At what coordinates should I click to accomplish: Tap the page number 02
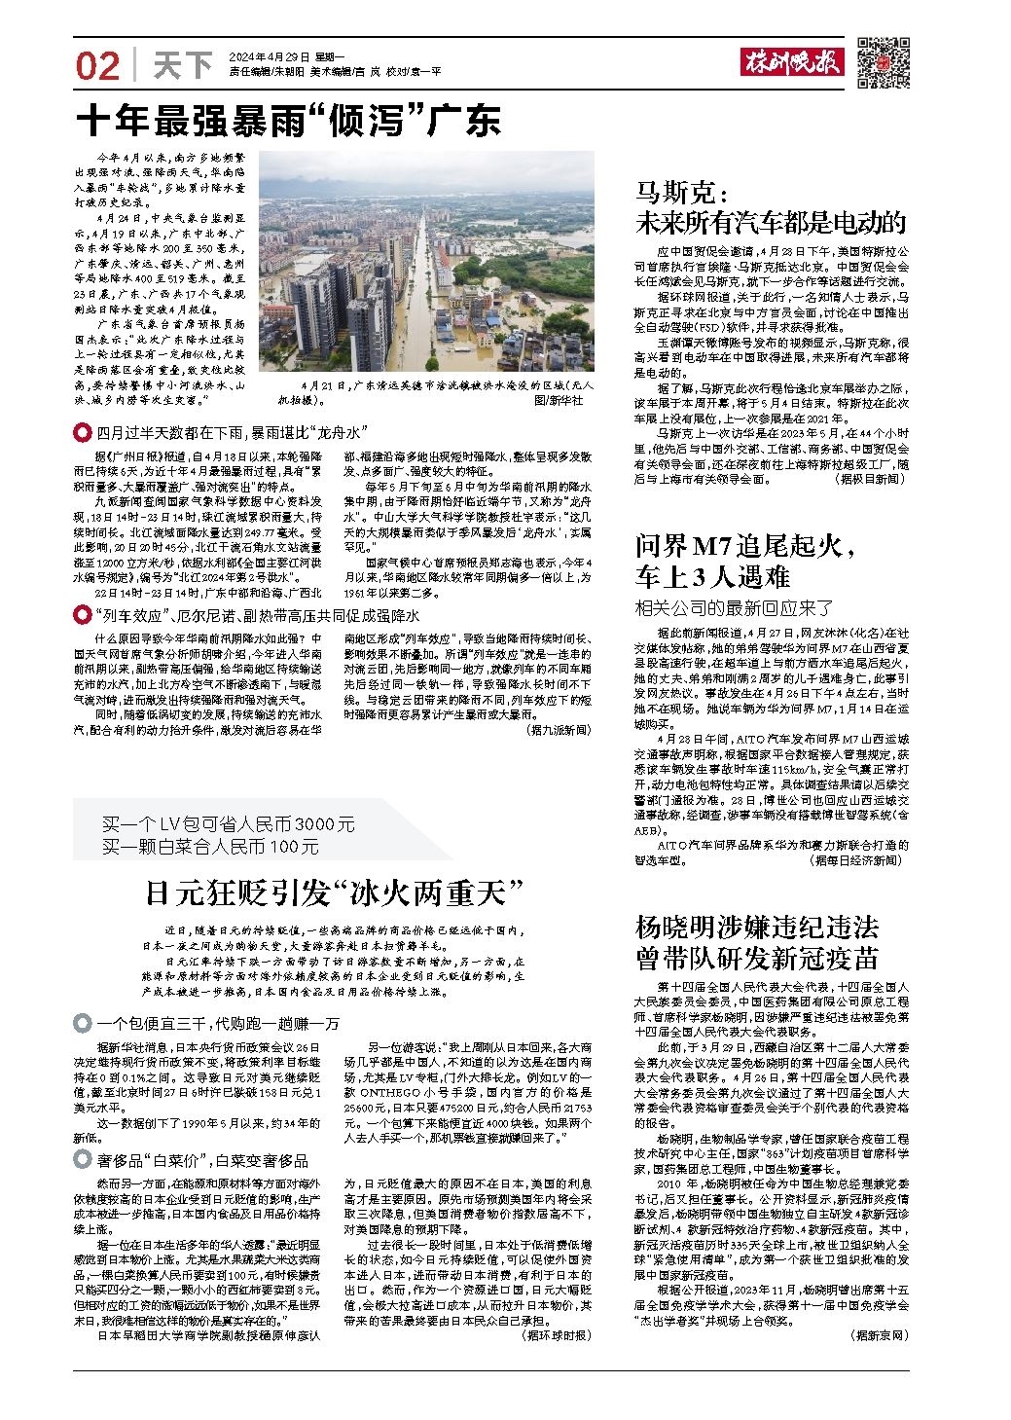[x=97, y=66]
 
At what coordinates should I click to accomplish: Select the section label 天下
[x=183, y=65]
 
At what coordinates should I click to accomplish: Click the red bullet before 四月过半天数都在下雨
[x=82, y=432]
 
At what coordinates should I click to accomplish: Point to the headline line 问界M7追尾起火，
[x=746, y=545]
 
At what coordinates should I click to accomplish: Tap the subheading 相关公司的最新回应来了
[x=735, y=608]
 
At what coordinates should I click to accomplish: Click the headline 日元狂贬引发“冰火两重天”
[x=335, y=891]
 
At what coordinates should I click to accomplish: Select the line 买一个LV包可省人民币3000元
[x=229, y=824]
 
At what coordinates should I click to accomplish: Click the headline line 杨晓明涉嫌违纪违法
[x=757, y=925]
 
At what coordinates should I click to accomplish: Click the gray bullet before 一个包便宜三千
[x=82, y=1023]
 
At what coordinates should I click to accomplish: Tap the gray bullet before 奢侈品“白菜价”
[x=82, y=1159]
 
